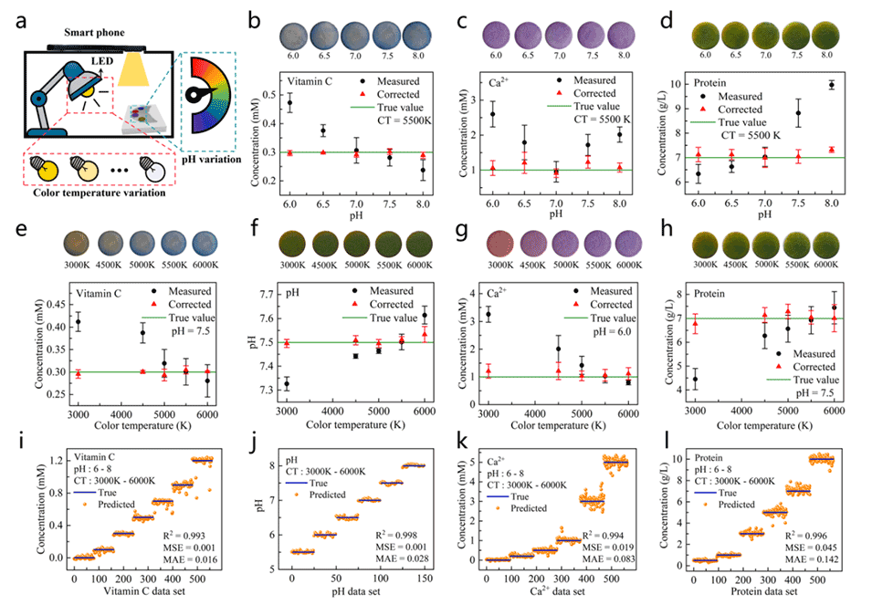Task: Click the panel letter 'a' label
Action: (x=21, y=21)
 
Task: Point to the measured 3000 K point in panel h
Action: (x=696, y=379)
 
